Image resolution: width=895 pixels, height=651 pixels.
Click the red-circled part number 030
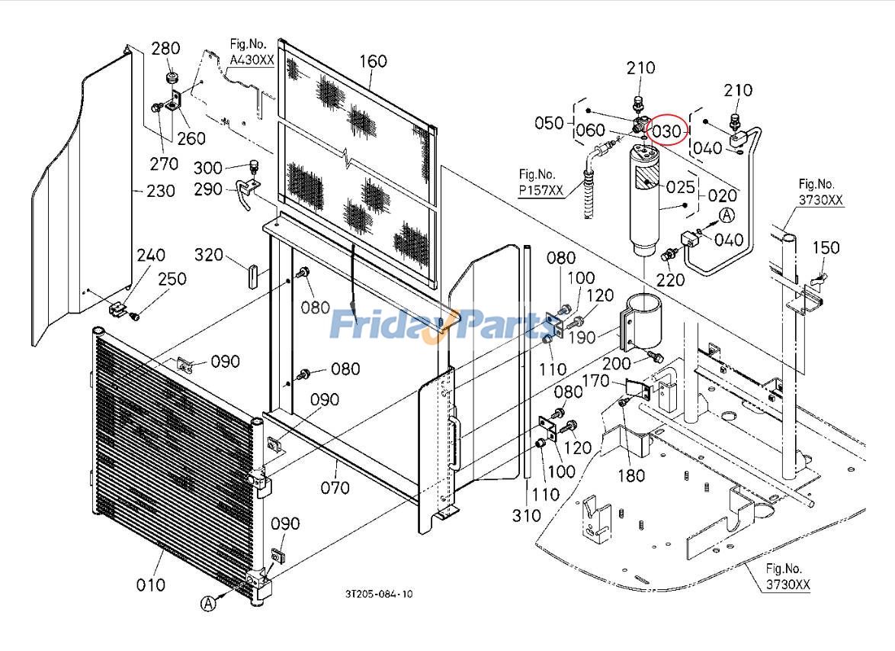click(666, 131)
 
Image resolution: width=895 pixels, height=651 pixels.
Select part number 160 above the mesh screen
click(372, 61)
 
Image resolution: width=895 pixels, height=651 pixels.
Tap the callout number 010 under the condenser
click(150, 585)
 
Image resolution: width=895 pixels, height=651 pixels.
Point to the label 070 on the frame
click(335, 487)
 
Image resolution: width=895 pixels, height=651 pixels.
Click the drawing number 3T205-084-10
click(378, 594)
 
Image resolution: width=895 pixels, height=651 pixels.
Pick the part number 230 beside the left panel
click(160, 190)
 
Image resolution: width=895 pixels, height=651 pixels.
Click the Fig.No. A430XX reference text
click(251, 53)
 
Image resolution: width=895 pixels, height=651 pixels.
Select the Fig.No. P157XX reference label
click(541, 184)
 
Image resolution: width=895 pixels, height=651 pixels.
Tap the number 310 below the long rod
click(527, 517)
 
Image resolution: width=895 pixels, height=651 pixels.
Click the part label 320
click(209, 254)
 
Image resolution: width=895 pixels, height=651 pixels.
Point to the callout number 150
click(826, 247)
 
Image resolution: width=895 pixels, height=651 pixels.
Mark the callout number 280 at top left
click(165, 49)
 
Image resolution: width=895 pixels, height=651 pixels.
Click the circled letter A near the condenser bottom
click(208, 603)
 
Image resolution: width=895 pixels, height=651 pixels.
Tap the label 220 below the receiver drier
click(671, 279)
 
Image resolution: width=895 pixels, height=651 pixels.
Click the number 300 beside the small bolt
click(208, 167)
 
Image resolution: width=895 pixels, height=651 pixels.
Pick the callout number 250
click(172, 279)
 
